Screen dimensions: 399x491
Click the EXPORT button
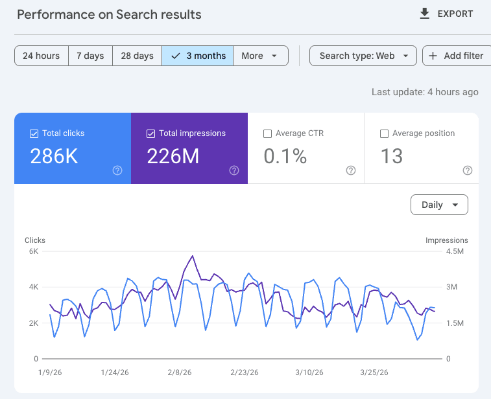pyautogui.click(x=446, y=14)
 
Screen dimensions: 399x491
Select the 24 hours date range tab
pyautogui.click(x=41, y=56)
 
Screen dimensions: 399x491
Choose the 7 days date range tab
pyautogui.click(x=90, y=56)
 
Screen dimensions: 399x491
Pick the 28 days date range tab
pyautogui.click(x=137, y=56)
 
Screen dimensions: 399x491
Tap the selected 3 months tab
pyautogui.click(x=198, y=56)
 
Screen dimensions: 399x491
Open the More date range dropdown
pyautogui.click(x=260, y=56)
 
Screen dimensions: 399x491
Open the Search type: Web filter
pyautogui.click(x=363, y=56)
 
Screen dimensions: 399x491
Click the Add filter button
pyautogui.click(x=457, y=56)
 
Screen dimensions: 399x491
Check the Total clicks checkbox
pyautogui.click(x=34, y=133)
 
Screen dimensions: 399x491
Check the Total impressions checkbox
pyautogui.click(x=150, y=133)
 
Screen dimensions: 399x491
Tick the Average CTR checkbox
pyautogui.click(x=267, y=133)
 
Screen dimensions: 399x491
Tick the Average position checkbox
pyautogui.click(x=384, y=133)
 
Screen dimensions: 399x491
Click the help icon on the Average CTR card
pyautogui.click(x=351, y=170)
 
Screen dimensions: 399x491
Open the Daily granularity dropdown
pyautogui.click(x=439, y=205)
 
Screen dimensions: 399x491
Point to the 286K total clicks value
pyautogui.click(x=54, y=156)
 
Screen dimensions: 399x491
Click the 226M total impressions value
pyautogui.click(x=173, y=156)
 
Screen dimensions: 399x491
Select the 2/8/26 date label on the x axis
pyautogui.click(x=179, y=372)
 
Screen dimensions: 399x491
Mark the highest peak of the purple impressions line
pyautogui.click(x=193, y=256)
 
